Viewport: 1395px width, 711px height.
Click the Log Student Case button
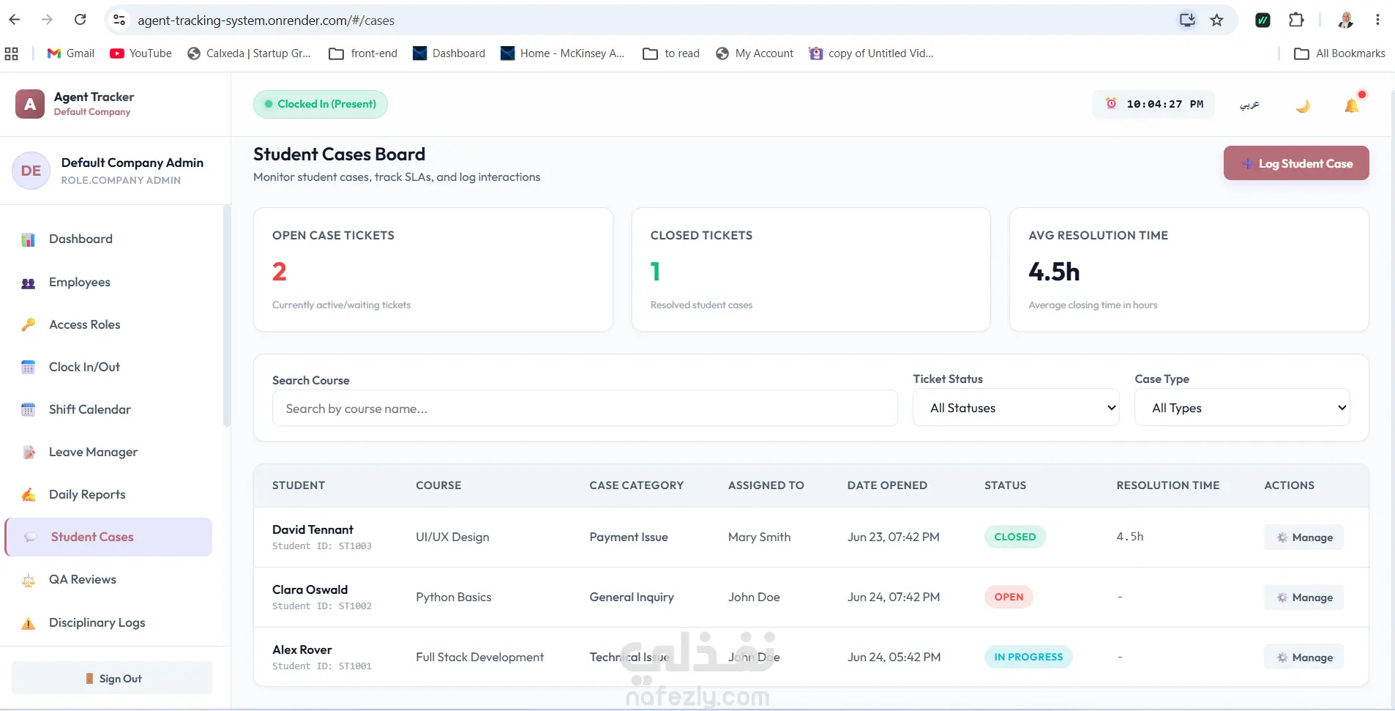[1296, 163]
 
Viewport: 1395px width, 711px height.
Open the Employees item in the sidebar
[79, 282]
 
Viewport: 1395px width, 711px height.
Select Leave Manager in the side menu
[93, 452]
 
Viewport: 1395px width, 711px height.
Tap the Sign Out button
[112, 678]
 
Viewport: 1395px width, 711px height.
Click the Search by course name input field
[585, 408]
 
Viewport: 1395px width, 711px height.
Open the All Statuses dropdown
[1016, 408]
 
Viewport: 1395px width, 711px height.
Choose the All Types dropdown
[1242, 408]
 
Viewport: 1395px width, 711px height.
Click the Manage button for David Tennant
[1304, 537]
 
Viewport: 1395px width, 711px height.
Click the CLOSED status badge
[1015, 537]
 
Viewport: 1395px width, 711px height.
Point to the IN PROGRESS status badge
[1028, 657]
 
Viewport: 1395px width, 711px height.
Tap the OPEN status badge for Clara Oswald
[1009, 597]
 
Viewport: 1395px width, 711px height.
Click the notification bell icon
[1353, 105]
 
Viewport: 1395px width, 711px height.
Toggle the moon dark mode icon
[1303, 105]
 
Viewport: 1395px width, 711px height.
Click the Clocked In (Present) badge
[321, 104]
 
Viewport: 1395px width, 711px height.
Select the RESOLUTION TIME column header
[1168, 485]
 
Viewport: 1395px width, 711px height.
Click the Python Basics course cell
[454, 597]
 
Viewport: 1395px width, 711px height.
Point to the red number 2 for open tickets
[280, 272]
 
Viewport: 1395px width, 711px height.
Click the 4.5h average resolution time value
[1054, 272]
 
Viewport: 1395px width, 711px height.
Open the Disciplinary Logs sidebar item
[97, 622]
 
